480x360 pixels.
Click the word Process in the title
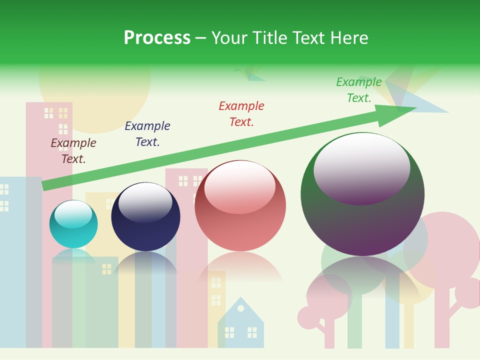(x=157, y=38)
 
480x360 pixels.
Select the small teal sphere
(x=73, y=224)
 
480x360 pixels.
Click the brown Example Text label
(x=73, y=151)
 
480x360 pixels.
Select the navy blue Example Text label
(x=147, y=134)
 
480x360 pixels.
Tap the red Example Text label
(x=241, y=114)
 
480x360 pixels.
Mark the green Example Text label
(x=359, y=90)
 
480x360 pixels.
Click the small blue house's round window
(x=241, y=308)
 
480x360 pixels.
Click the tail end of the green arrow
(x=45, y=185)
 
